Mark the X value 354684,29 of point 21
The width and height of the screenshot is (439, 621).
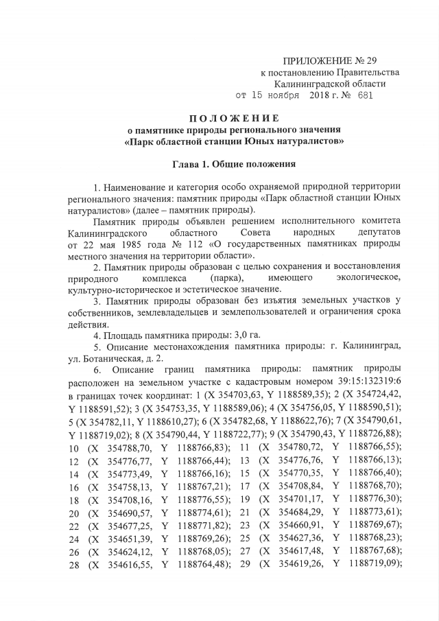[x=299, y=512]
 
